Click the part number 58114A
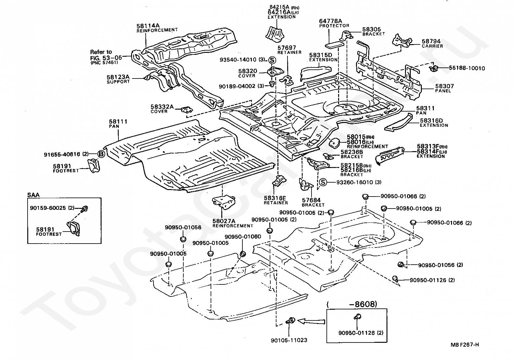[148, 26]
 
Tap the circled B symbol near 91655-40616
[102, 154]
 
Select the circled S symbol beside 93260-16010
[323, 182]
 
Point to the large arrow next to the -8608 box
[311, 321]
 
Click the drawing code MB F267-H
[465, 345]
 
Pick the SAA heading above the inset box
[33, 195]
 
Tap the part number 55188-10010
[467, 68]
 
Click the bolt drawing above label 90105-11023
[291, 320]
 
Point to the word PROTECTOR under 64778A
[334, 26]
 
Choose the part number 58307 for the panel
[445, 86]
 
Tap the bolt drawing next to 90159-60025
[85, 209]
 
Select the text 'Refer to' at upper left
[101, 52]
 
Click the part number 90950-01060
[243, 237]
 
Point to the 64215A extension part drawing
[275, 34]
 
